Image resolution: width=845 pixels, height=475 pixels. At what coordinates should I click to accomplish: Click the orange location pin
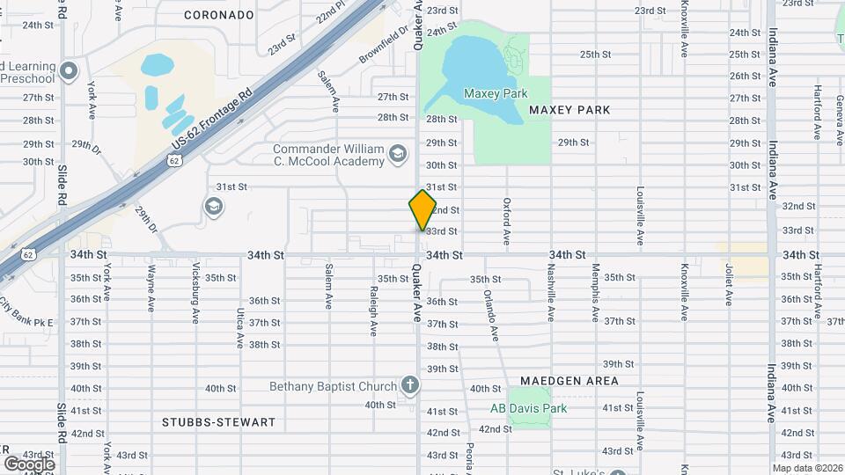click(422, 210)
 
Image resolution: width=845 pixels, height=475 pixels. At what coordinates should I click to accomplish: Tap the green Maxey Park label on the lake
click(495, 92)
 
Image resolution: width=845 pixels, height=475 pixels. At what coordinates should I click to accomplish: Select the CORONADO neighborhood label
click(219, 15)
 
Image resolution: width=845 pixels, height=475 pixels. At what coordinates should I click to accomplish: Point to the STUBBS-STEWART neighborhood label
click(219, 422)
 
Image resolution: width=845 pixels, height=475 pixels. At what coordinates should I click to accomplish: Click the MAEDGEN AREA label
click(569, 381)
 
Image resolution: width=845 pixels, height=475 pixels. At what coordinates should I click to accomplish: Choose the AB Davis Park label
click(528, 408)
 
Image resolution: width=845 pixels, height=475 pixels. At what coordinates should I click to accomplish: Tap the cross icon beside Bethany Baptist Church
click(408, 384)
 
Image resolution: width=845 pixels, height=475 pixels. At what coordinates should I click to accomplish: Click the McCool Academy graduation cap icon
click(398, 156)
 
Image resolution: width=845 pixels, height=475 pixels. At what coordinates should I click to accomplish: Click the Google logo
click(29, 464)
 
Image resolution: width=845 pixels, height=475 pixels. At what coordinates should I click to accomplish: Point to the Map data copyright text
click(806, 468)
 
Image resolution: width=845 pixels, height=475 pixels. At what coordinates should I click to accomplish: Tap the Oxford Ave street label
click(507, 222)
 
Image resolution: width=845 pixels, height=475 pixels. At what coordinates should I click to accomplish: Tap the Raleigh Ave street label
click(374, 311)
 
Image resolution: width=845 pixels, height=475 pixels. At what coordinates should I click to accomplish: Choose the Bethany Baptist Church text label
click(334, 385)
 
